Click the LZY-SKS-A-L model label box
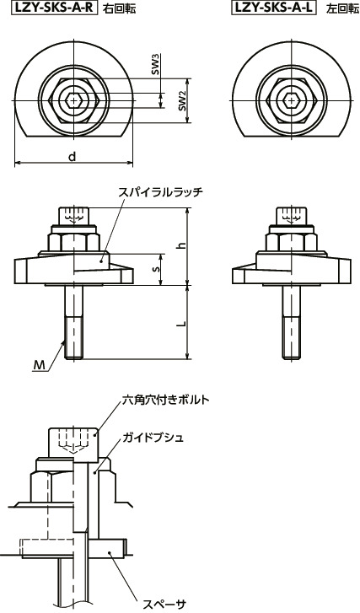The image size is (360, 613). tap(271, 8)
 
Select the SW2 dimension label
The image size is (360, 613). tap(181, 102)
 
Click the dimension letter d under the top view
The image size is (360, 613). tap(74, 156)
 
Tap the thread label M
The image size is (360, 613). tap(39, 365)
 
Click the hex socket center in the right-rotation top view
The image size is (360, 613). tap(75, 99)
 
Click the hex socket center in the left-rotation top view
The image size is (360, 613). tap(291, 99)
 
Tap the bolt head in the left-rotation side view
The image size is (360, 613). tap(291, 217)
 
